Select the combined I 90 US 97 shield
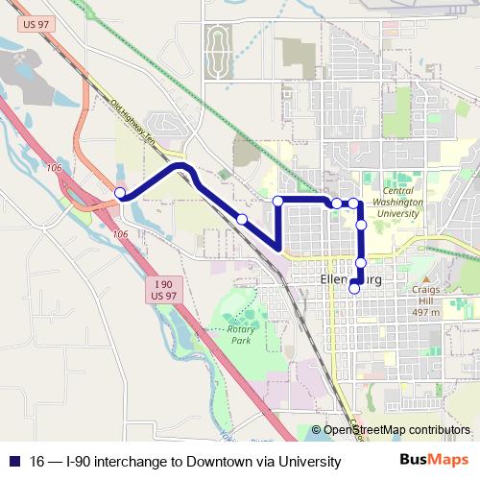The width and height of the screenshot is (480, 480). click(164, 290)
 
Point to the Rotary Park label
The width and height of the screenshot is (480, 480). click(241, 335)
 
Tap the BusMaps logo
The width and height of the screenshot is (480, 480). click(435, 461)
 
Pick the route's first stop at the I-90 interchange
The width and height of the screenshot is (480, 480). click(120, 194)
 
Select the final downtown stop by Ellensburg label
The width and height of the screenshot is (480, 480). click(354, 288)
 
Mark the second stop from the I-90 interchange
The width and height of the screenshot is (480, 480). click(242, 220)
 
